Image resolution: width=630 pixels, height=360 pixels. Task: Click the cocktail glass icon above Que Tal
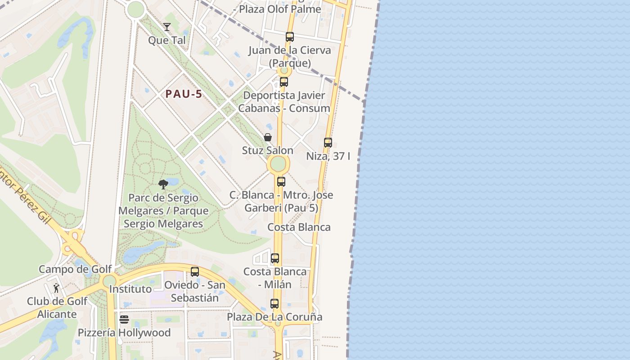pos(167,27)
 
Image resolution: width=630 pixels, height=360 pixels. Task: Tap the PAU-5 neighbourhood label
pos(184,94)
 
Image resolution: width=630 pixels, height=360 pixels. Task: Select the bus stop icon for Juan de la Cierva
pos(290,37)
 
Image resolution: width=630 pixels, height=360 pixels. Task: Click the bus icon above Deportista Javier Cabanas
pos(284,82)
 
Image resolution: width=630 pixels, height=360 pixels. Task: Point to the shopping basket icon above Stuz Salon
pos(268,137)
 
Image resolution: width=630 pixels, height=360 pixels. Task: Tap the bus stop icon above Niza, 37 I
pos(328,143)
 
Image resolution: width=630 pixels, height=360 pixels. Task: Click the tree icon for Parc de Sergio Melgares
pos(163,184)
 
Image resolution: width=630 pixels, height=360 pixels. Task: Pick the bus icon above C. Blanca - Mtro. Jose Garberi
pos(281,182)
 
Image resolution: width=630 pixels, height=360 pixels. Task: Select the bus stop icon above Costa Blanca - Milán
pos(275,258)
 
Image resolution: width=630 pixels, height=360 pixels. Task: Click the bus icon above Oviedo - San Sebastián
pos(195,272)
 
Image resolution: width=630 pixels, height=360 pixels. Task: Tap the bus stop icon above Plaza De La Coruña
pos(274,304)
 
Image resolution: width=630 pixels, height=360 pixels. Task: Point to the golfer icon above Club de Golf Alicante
pos(57,288)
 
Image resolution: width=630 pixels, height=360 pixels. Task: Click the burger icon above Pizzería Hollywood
pos(124,319)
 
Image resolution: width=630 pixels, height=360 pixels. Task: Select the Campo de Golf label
pos(75,269)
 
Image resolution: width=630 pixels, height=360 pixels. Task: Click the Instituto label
pos(130,289)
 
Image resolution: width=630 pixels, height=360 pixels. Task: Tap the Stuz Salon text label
pos(268,150)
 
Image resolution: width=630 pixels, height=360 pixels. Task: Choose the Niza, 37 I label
pos(328,156)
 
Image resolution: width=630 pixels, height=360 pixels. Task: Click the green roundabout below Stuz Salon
pos(279,164)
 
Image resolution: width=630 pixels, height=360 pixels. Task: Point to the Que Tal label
pos(167,40)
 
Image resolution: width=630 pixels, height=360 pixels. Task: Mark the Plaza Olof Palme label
pos(280,9)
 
